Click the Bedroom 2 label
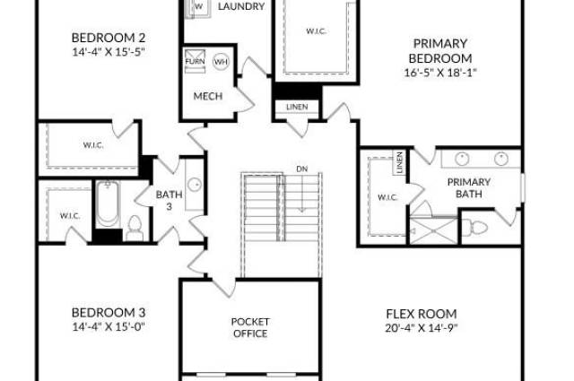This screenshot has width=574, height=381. tap(109, 38)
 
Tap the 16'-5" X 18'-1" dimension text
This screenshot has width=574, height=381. tap(440, 73)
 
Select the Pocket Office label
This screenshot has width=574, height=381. tap(250, 327)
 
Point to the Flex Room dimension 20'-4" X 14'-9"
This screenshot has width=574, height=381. tap(422, 327)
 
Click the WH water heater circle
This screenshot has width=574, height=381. tap(222, 62)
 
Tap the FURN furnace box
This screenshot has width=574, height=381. tap(195, 61)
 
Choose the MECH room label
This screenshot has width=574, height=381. tap(208, 96)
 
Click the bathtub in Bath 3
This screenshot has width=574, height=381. tap(108, 203)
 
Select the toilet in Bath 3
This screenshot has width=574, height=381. tap(135, 229)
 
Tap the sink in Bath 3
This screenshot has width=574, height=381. tap(195, 185)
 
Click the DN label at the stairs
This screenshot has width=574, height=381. tap(302, 169)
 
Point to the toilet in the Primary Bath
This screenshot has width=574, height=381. tap(474, 228)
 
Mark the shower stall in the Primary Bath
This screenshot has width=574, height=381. tap(433, 230)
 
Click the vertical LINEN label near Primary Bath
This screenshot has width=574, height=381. tap(399, 162)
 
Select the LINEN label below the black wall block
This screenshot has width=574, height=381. tap(297, 107)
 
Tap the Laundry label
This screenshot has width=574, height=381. tap(241, 6)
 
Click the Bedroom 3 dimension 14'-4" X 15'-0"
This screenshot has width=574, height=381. tap(109, 326)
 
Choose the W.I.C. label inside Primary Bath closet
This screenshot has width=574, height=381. tap(387, 197)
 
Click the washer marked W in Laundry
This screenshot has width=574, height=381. tap(198, 6)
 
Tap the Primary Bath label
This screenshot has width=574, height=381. tap(469, 187)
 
